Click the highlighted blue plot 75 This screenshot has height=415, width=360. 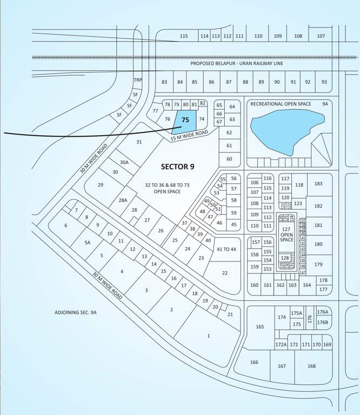click(185, 120)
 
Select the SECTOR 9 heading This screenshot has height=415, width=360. click(177, 166)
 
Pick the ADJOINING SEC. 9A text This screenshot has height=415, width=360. click(79, 312)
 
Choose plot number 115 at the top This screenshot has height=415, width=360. click(184, 36)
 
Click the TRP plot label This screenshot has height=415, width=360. click(138, 81)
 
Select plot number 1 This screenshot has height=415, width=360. click(208, 336)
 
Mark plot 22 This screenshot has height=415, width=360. click(225, 273)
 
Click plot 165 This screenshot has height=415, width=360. click(260, 326)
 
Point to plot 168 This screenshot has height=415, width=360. click(311, 366)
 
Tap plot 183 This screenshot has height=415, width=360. click(318, 184)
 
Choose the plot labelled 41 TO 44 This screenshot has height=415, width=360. click(226, 249)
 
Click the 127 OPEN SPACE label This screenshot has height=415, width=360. click(286, 236)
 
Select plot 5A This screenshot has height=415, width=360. click(87, 243)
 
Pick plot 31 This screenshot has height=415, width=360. click(139, 142)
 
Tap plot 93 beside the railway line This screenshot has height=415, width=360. click(324, 82)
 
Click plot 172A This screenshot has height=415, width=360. click(281, 344)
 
